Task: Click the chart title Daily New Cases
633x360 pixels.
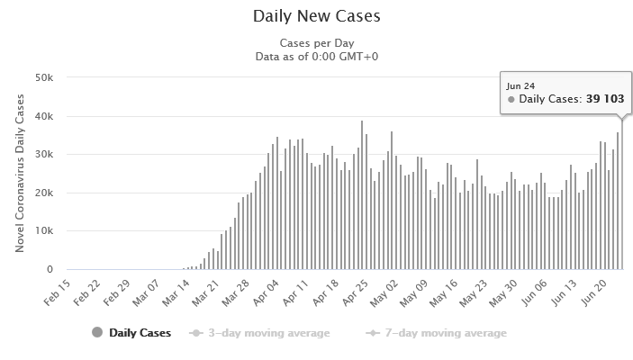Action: click(316, 17)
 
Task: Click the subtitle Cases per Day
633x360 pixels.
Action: click(316, 43)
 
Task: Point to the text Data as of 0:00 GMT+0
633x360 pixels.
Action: click(316, 56)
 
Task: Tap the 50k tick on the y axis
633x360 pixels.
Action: click(44, 77)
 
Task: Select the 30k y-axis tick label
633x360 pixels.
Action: click(44, 155)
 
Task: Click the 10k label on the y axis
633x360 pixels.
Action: click(44, 231)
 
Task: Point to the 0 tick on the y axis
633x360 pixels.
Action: click(50, 270)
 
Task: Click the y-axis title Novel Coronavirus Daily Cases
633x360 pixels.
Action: click(19, 174)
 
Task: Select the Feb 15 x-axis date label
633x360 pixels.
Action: click(58, 291)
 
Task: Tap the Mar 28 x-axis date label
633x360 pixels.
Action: click(235, 291)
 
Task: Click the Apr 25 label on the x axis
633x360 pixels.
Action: click(355, 291)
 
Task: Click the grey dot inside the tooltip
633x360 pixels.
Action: click(511, 99)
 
